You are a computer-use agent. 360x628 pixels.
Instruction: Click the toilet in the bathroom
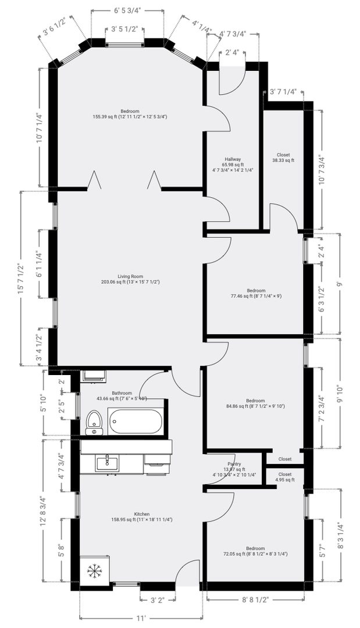coord(94,423)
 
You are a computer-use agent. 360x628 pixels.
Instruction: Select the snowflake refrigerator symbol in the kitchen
coord(94,570)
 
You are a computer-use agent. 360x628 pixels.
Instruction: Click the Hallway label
coord(233,159)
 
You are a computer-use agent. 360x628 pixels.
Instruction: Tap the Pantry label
coord(234,464)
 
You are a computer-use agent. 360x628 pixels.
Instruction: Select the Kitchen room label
coord(142,514)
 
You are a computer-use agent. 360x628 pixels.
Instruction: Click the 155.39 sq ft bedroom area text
coord(130,117)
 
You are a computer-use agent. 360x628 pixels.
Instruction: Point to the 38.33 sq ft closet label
coord(283,160)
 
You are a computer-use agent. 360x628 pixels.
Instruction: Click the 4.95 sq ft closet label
coord(284,480)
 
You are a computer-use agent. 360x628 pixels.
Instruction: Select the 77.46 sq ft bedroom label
coord(256,296)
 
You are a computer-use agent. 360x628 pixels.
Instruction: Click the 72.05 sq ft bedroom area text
coord(256,554)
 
